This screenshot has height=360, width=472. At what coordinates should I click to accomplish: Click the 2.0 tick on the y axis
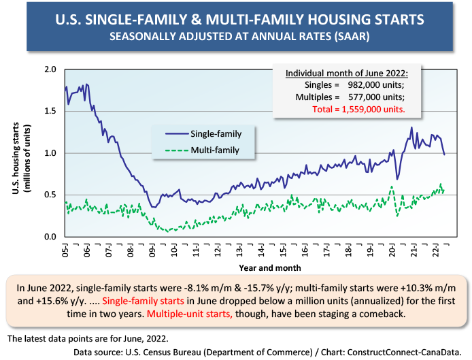(x=50, y=69)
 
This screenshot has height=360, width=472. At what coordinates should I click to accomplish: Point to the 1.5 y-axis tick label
(x=50, y=111)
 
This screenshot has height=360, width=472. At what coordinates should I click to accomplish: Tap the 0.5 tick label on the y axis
(x=50, y=195)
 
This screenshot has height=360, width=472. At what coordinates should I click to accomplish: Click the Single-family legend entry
(x=203, y=134)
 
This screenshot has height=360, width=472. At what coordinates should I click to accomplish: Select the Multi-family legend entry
(x=202, y=150)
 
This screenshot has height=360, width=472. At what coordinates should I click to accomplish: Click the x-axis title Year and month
(x=270, y=268)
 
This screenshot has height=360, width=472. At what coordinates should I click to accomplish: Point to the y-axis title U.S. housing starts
(x=16, y=158)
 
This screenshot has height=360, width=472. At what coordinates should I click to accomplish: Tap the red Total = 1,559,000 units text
(x=358, y=109)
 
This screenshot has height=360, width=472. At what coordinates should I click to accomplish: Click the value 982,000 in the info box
(x=364, y=84)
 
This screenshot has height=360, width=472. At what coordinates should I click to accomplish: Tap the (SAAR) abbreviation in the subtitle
(x=351, y=37)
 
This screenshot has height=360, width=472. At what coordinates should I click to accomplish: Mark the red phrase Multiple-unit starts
(x=190, y=314)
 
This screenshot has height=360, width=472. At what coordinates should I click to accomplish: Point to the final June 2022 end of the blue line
(x=444, y=154)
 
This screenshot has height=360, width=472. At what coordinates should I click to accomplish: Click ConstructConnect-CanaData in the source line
(x=404, y=352)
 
